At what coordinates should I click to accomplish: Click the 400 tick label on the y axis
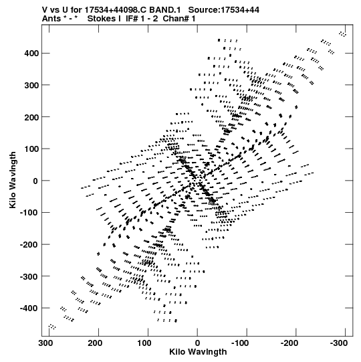tap(31, 54)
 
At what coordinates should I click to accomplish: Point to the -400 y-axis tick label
tap(29, 308)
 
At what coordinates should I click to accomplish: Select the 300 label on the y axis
tap(31, 85)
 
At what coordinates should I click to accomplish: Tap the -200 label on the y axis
tap(29, 244)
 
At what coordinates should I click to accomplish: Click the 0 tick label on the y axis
tap(35, 181)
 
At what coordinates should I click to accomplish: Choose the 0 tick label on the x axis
tap(197, 343)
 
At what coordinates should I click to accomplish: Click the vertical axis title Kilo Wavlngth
tap(13, 180)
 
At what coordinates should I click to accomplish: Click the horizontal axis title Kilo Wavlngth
tap(198, 352)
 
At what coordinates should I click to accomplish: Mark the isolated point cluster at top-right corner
tap(343, 34)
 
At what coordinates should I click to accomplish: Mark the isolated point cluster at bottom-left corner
tap(52, 327)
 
